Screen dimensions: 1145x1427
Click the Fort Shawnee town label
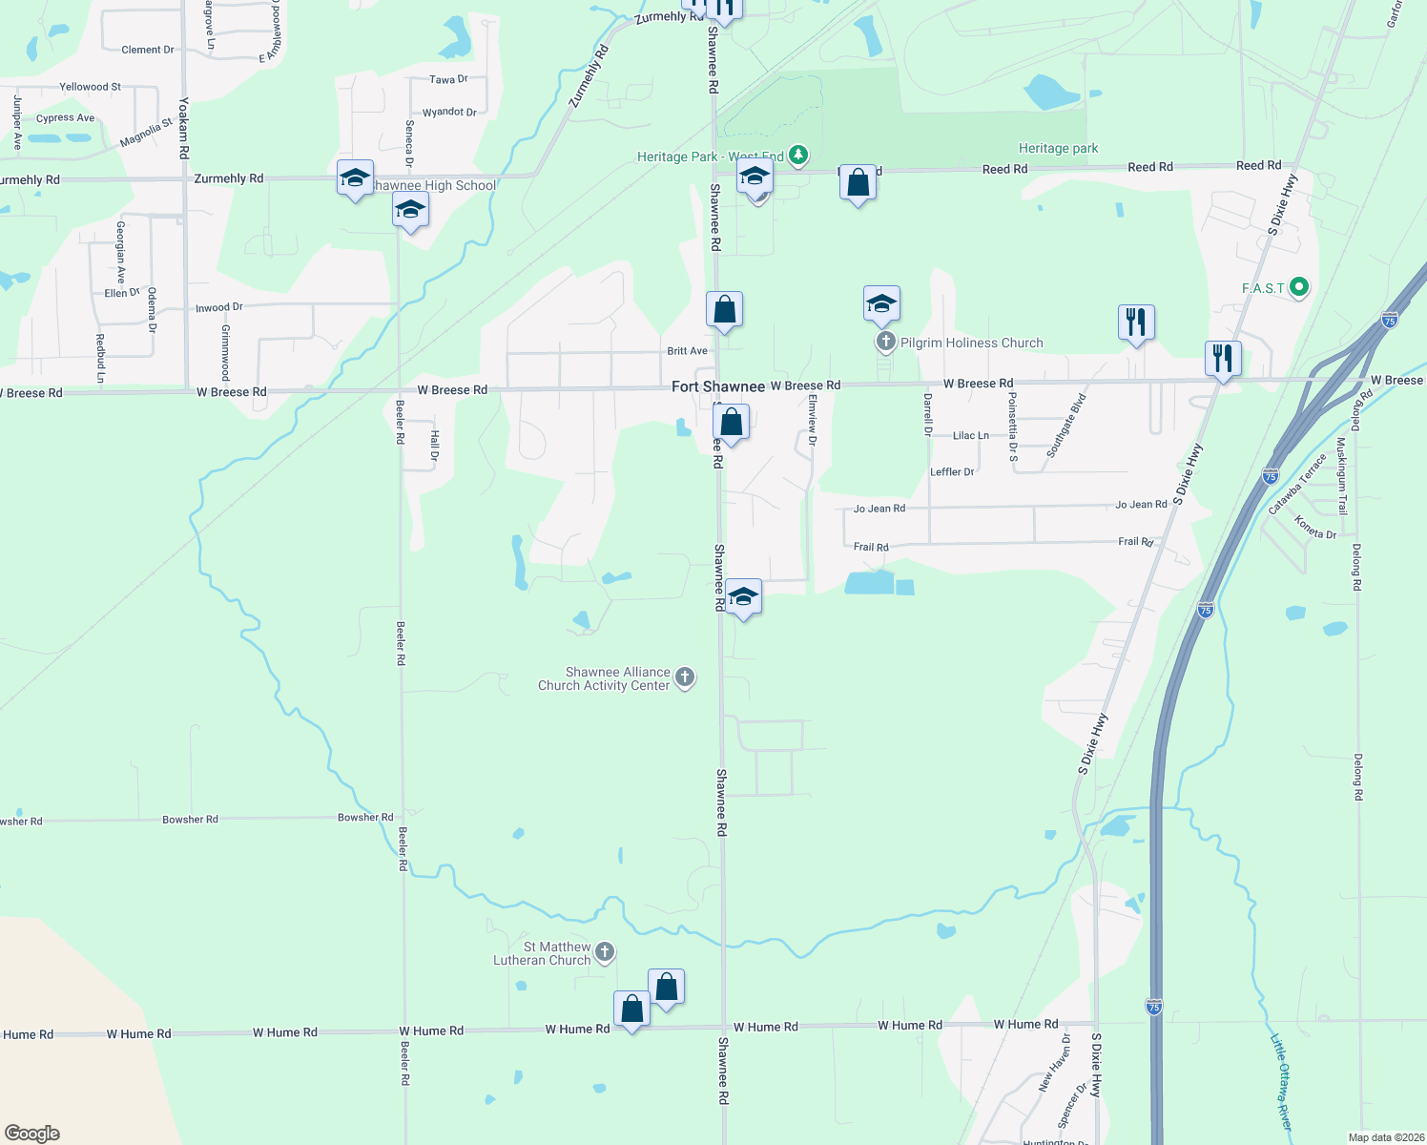point(717,386)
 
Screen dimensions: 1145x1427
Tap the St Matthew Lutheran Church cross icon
point(605,952)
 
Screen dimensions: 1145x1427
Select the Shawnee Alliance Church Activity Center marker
point(684,677)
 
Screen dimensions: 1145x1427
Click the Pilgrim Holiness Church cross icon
point(885,342)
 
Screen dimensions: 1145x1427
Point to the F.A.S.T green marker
point(1298,287)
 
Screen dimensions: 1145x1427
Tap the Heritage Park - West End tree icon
point(798,156)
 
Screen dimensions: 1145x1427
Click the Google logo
point(32,1133)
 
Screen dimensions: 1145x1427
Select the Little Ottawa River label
point(1281,1082)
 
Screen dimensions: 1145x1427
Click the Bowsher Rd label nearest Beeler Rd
point(365,818)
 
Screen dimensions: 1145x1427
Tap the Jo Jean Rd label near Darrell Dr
point(879,509)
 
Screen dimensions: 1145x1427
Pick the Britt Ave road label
point(687,351)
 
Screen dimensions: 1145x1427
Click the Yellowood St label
point(90,87)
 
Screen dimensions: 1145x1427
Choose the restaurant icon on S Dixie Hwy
point(1223,359)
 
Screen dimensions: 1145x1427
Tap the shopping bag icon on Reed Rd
point(858,182)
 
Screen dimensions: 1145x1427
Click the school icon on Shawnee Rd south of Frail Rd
point(743,597)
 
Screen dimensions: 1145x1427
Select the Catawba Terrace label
point(1297,484)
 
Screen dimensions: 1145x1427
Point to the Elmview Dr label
point(813,420)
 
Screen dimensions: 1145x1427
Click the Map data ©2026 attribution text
point(1386,1137)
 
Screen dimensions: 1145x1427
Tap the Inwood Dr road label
point(219,307)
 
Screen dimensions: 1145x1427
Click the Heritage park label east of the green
point(1058,149)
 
